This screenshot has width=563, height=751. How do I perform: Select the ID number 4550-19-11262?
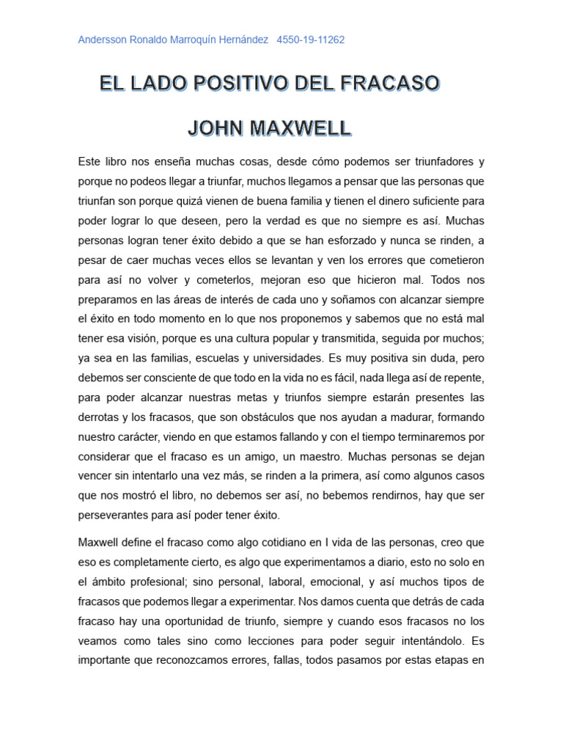click(311, 40)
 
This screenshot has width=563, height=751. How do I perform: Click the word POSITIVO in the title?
click(232, 84)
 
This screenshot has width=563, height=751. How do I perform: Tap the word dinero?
click(375, 200)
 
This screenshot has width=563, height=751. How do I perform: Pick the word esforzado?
click(351, 240)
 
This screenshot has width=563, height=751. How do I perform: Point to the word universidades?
click(281, 359)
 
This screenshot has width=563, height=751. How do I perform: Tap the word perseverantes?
click(117, 515)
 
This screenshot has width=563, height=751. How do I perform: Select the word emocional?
click(334, 582)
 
